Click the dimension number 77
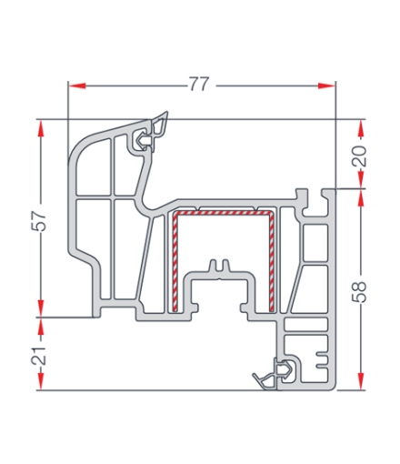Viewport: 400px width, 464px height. coord(199,85)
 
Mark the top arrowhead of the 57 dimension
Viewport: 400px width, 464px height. coord(39,127)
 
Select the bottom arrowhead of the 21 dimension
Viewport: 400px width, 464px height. coord(39,383)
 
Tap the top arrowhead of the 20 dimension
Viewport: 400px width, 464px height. coord(361,126)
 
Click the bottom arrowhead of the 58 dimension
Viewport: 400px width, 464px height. coord(361,383)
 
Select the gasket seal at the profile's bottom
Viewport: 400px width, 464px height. coord(276,373)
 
